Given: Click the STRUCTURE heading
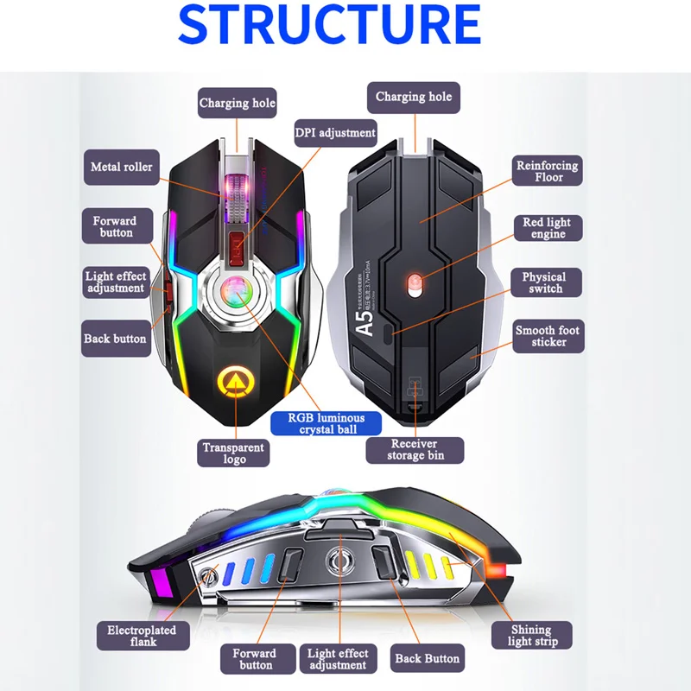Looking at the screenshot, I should (329, 25).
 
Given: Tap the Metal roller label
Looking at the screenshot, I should (121, 166).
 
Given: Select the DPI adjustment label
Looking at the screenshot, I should (335, 133).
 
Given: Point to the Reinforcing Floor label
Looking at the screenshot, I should (548, 171).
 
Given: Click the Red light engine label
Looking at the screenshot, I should (548, 228).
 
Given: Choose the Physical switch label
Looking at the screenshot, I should (545, 282).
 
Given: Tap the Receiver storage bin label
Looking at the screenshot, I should (415, 450).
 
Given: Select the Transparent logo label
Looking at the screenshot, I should (234, 453).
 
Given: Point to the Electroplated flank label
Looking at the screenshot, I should (141, 637).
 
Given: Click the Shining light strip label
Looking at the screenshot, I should (532, 635).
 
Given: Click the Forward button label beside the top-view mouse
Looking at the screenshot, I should (115, 227).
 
